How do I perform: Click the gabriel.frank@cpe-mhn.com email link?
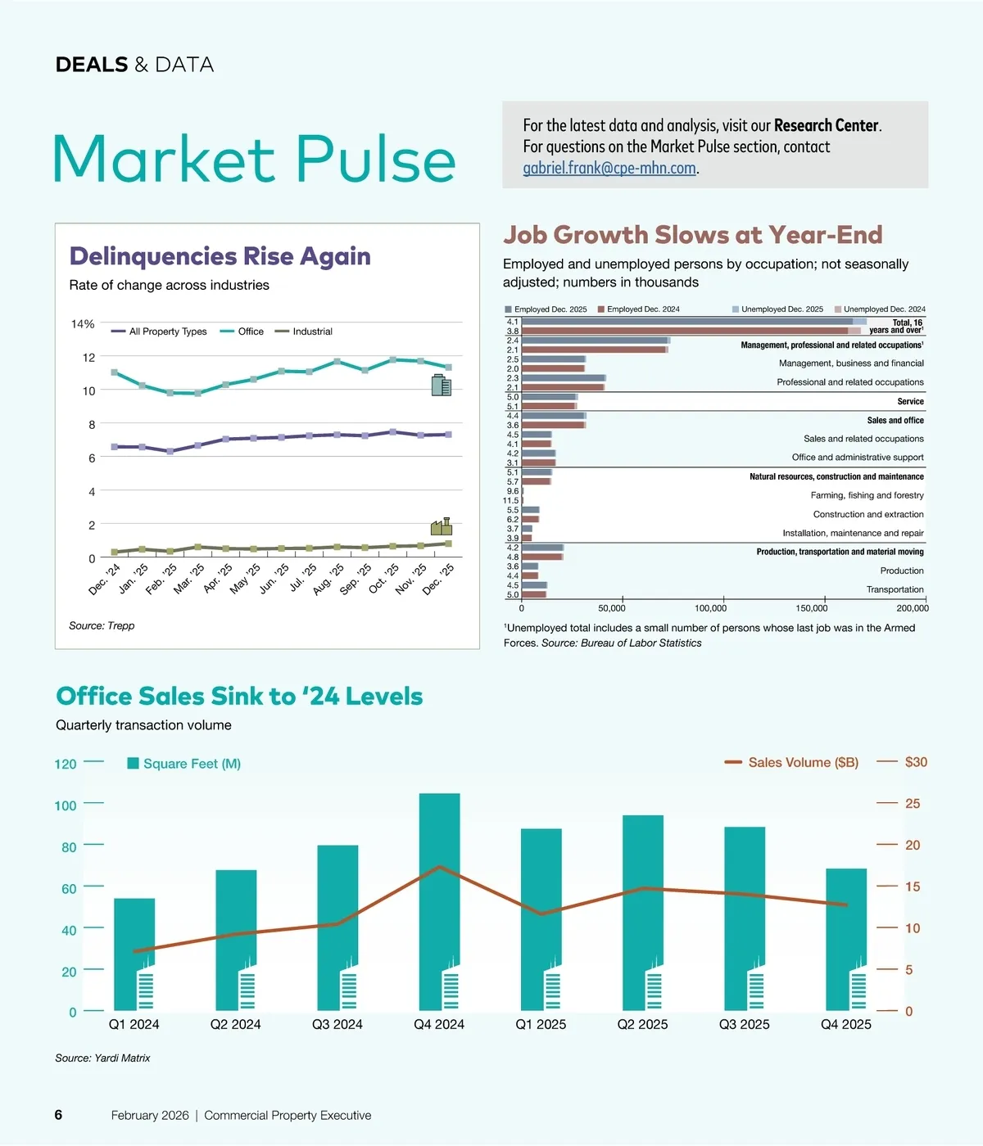point(609,169)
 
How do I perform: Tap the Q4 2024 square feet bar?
point(439,900)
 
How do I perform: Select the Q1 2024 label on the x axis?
point(134,1024)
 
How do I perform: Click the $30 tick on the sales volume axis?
point(915,762)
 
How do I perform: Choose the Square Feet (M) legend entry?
point(184,764)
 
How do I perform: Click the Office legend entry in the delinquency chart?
point(242,332)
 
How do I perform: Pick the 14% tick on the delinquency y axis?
point(83,324)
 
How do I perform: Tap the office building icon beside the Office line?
point(442,385)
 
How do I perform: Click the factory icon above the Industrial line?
point(442,526)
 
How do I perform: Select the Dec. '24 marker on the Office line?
point(115,372)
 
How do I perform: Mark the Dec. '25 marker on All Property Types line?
point(448,434)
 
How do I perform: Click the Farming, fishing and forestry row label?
point(867,495)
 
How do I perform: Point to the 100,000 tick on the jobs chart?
point(710,608)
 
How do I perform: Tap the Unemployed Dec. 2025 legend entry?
point(777,309)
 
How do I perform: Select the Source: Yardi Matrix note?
point(102,1058)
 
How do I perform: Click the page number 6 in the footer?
point(58,1115)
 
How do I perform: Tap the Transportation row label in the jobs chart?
point(895,589)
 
